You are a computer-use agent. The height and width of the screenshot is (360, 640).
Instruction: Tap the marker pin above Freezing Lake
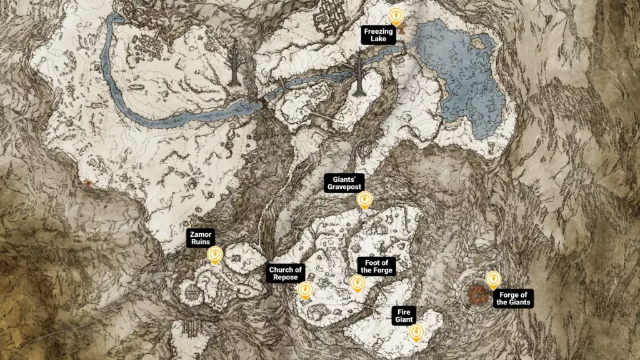395,15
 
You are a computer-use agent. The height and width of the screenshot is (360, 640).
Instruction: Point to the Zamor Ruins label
201,238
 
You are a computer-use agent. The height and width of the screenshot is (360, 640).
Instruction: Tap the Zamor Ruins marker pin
214,254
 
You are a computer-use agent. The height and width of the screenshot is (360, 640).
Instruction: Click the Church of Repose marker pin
305,291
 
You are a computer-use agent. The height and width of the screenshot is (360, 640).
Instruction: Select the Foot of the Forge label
376,266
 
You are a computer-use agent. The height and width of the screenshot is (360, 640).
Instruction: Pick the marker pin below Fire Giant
415,332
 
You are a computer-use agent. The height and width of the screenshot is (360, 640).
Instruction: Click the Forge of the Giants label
513,299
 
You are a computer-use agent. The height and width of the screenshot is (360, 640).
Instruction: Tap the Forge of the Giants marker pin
493,279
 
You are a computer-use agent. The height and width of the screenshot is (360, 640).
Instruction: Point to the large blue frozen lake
462,75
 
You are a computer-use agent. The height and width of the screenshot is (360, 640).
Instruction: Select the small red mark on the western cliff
89,183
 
